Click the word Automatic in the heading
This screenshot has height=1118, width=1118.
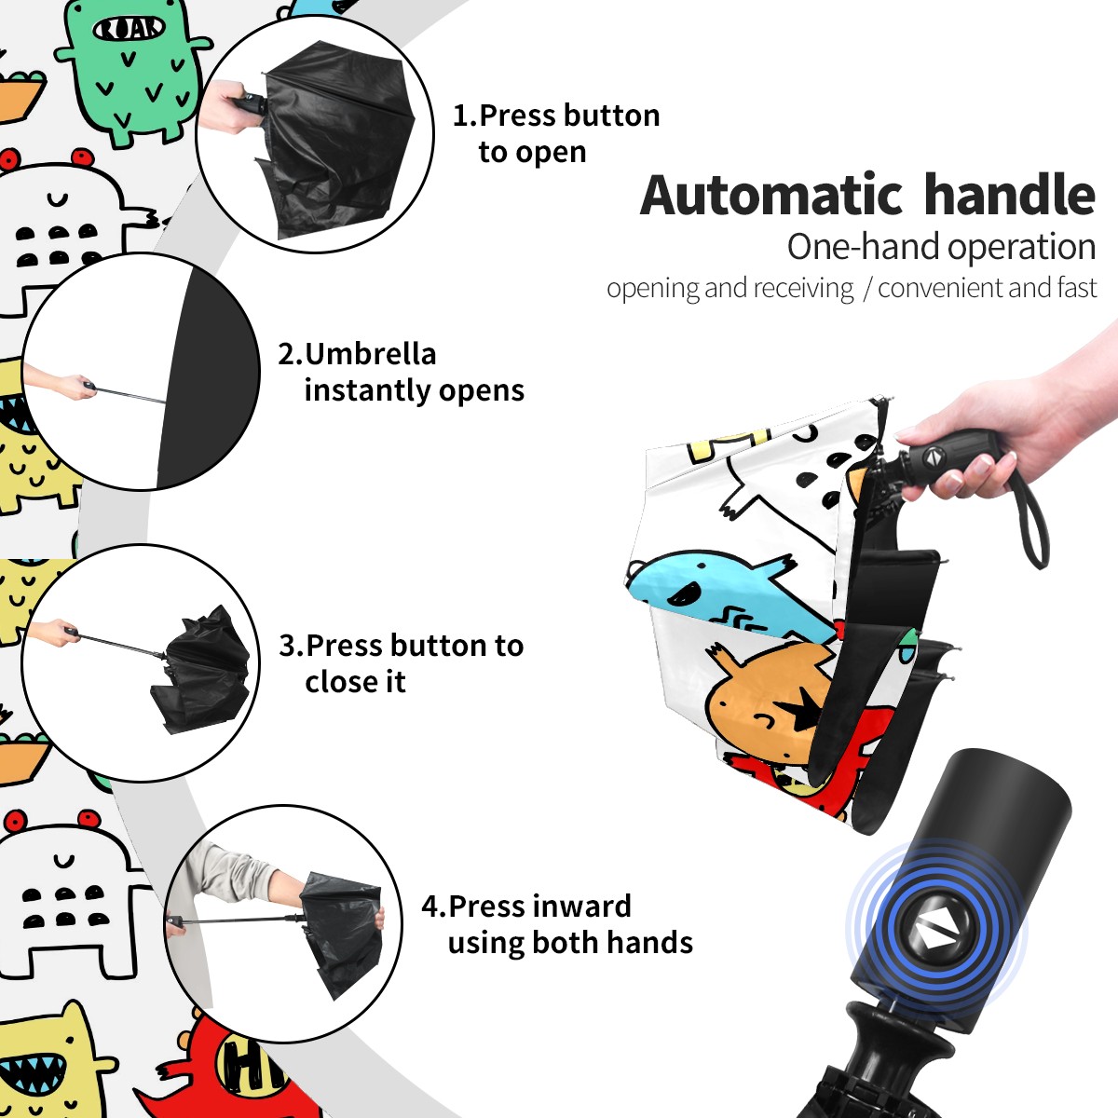click(771, 195)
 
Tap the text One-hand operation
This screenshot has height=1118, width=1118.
click(941, 247)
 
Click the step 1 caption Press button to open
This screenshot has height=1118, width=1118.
click(556, 133)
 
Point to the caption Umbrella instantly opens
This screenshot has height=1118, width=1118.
click(401, 372)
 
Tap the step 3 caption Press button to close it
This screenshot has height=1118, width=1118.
click(401, 663)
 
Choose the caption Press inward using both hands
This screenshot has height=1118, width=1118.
click(557, 924)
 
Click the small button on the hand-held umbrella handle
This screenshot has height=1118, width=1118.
click(932, 457)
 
